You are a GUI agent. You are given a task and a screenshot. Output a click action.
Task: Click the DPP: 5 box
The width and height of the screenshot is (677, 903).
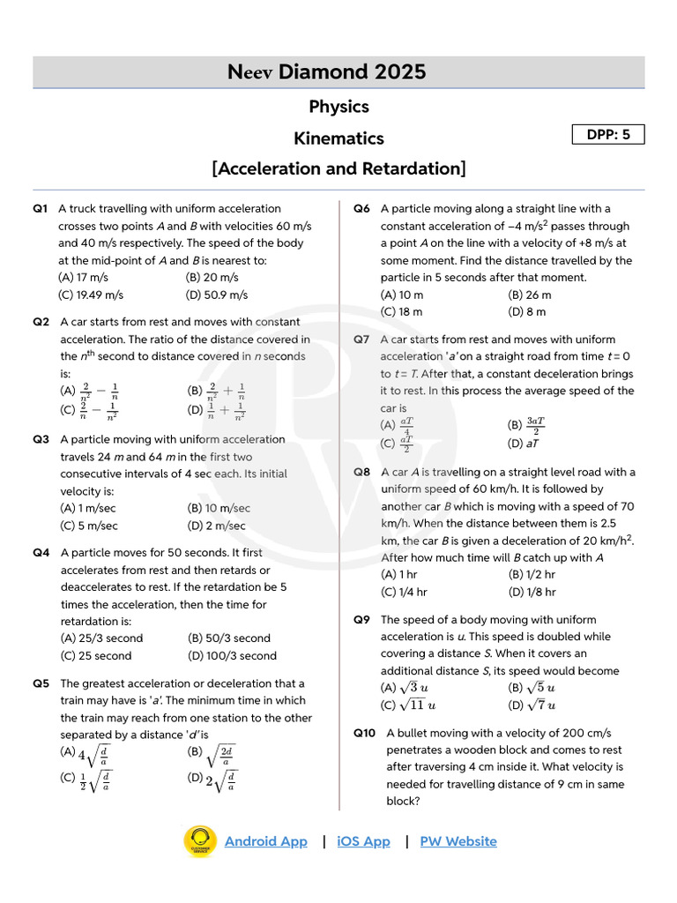point(608,135)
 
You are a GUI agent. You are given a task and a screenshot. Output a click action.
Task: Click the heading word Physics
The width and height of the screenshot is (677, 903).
point(338,107)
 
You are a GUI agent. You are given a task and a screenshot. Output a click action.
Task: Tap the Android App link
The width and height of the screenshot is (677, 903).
point(265,841)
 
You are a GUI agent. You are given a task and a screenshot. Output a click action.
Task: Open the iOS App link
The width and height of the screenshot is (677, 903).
point(363,841)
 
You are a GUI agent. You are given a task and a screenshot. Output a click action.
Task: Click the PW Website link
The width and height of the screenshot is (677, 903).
point(458,841)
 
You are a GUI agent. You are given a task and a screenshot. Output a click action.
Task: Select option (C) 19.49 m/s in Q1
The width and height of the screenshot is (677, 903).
point(91,295)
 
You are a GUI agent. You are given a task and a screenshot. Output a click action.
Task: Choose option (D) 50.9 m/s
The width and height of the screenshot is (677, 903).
point(217,295)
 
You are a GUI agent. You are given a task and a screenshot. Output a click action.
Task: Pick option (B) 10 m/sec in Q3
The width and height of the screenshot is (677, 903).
point(219,508)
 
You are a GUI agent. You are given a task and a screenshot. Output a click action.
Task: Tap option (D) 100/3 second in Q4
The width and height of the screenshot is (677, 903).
point(232,655)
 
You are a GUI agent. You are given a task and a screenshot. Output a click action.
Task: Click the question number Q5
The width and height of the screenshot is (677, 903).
point(41,683)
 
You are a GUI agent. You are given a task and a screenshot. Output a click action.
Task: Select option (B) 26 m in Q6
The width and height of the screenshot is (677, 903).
point(530,295)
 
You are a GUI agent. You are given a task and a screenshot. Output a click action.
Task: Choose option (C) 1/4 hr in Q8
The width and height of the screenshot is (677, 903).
point(404,592)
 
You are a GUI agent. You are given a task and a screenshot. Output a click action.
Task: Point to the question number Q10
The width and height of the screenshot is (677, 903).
point(366,733)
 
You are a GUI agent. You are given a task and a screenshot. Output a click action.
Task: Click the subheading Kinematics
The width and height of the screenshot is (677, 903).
point(338,138)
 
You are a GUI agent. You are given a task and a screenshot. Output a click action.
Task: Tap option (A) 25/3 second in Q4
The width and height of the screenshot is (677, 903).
point(101,638)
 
